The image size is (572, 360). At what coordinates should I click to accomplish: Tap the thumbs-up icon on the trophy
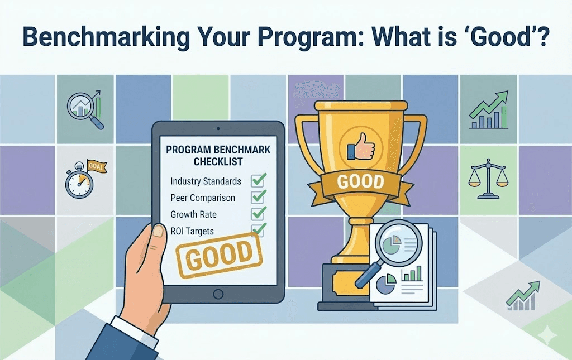point(360,147)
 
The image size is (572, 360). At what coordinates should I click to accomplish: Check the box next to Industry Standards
point(258,180)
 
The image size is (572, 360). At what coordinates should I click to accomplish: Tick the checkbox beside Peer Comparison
point(258,197)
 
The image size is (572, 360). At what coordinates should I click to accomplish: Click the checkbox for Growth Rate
point(258,214)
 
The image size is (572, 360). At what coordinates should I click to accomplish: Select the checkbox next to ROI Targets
point(258,229)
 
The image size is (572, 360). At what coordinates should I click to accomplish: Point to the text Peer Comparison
point(203,198)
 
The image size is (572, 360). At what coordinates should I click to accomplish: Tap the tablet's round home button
point(218,293)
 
